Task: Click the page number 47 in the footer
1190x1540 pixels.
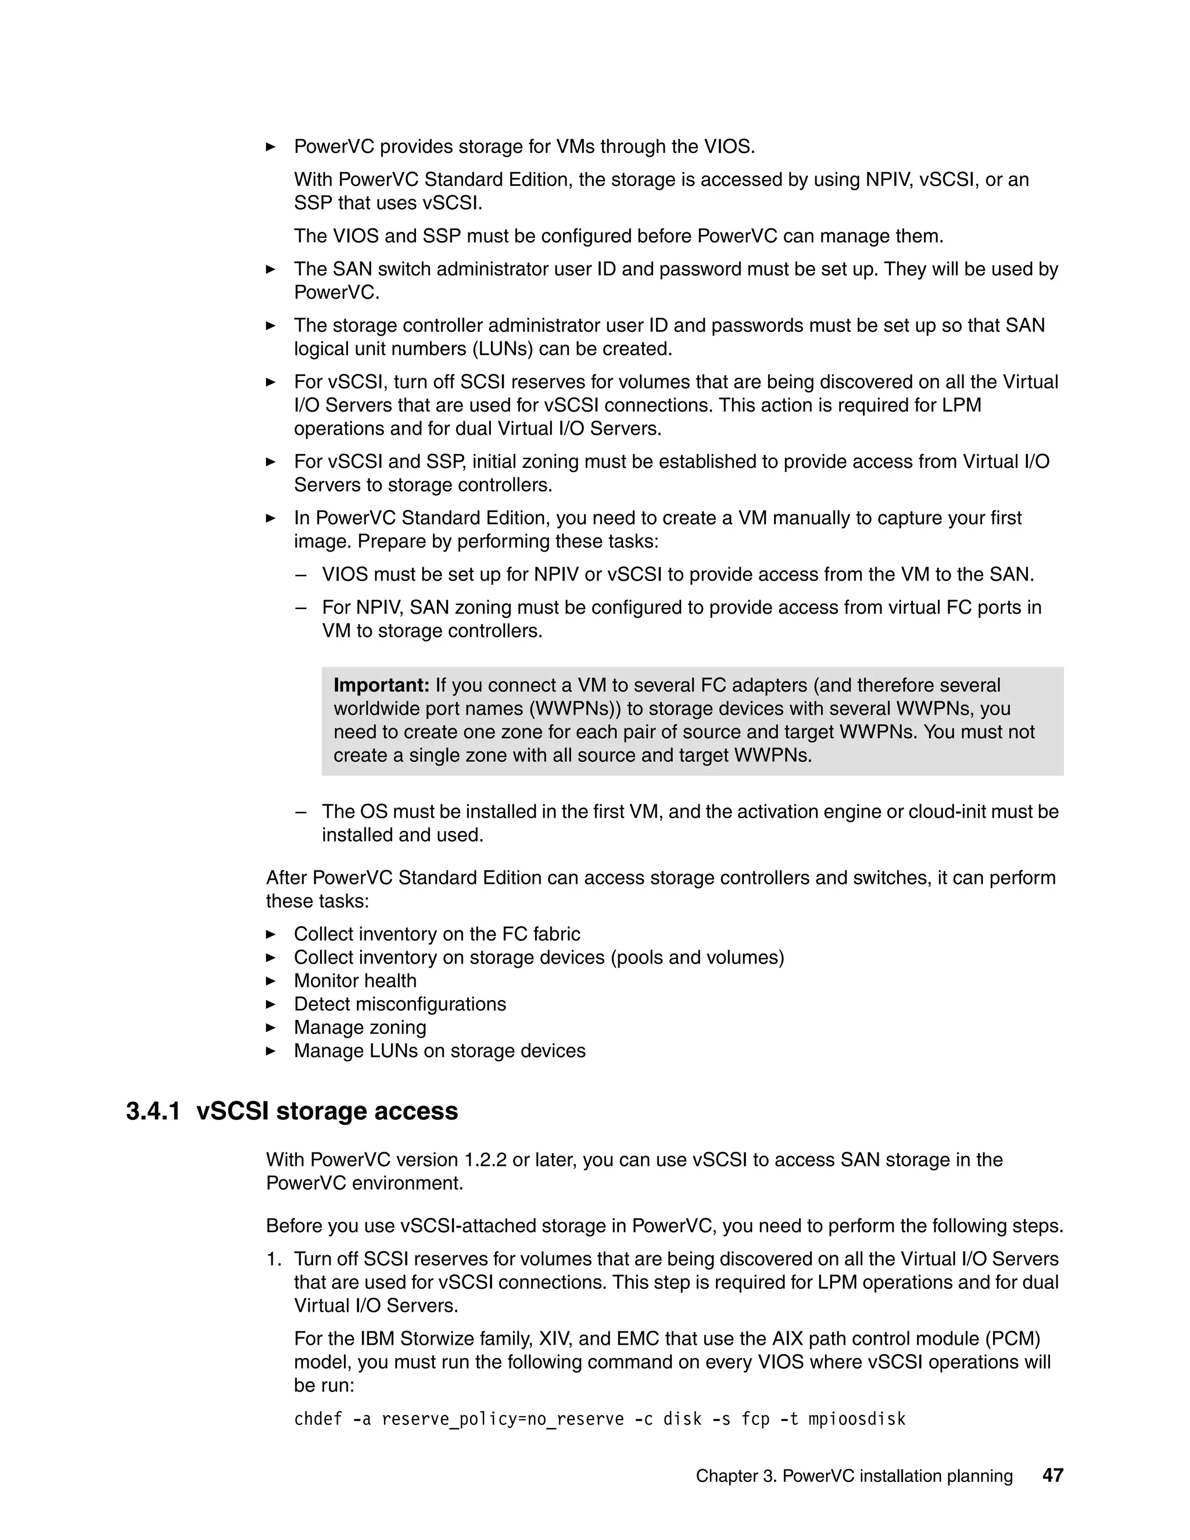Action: pyautogui.click(x=1052, y=1476)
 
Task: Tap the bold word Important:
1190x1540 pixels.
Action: pyautogui.click(x=381, y=685)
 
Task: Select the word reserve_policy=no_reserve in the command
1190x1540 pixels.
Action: pyautogui.click(x=503, y=1419)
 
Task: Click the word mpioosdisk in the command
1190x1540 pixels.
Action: pyautogui.click(x=856, y=1419)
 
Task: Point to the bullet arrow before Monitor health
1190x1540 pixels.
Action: pyautogui.click(x=271, y=981)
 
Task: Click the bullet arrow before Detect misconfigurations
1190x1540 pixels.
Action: pyautogui.click(x=271, y=1004)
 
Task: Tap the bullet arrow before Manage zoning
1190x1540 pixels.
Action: pyautogui.click(x=271, y=1027)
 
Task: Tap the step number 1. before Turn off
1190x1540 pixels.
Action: pyautogui.click(x=274, y=1259)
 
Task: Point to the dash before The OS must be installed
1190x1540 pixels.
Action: pyautogui.click(x=302, y=812)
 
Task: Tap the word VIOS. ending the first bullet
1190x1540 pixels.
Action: pyautogui.click(x=730, y=146)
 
